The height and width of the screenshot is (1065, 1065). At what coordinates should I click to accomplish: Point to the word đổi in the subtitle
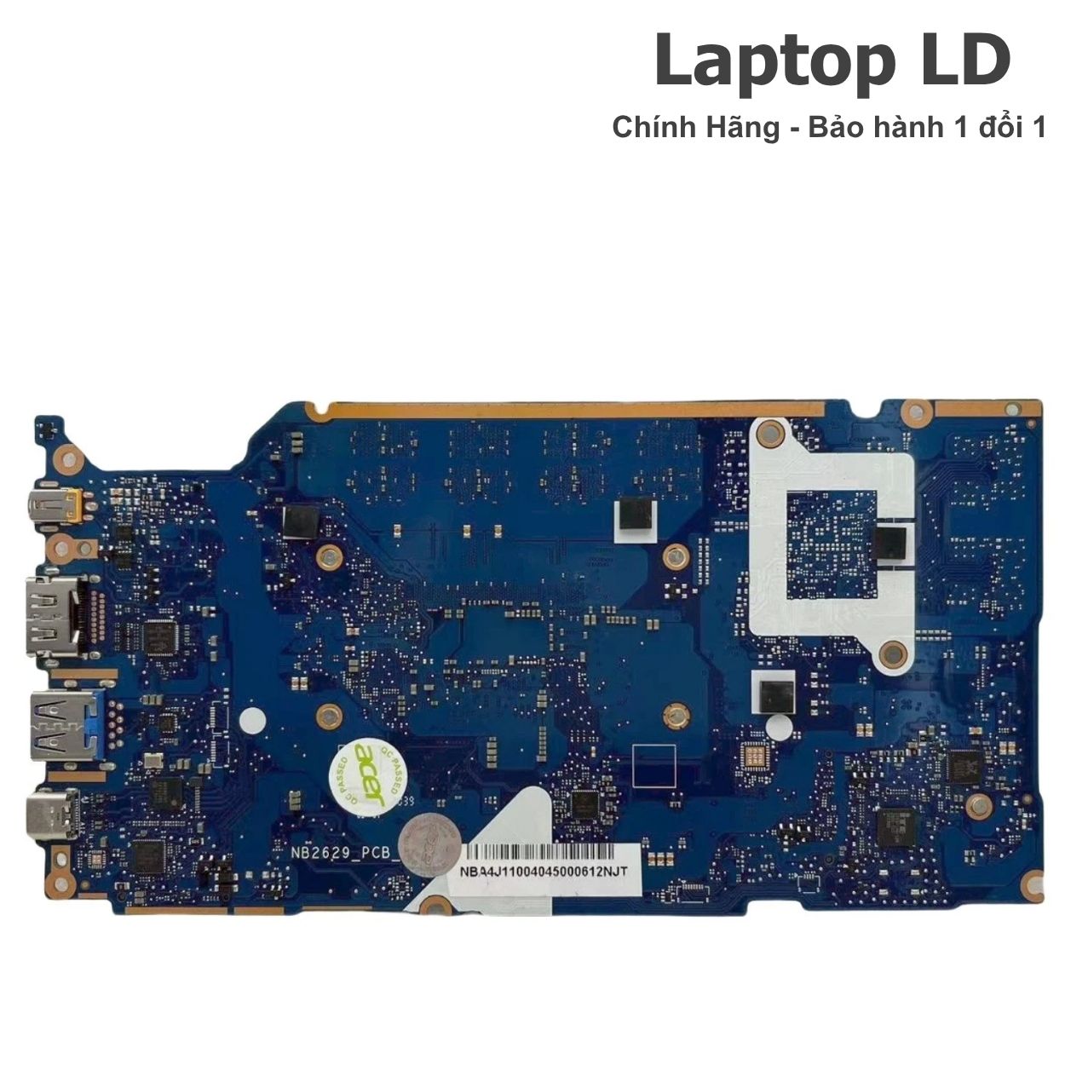pos(995,128)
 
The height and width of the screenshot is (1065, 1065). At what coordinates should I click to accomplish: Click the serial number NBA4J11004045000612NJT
pos(543,872)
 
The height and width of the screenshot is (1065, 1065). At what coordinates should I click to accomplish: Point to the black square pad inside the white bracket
pos(890,543)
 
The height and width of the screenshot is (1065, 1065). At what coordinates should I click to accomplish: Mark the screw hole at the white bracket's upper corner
pos(772,433)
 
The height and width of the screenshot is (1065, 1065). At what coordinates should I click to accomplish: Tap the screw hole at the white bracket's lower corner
pos(892,654)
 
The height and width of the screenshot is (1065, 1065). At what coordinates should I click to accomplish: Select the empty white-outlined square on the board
pos(654,763)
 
